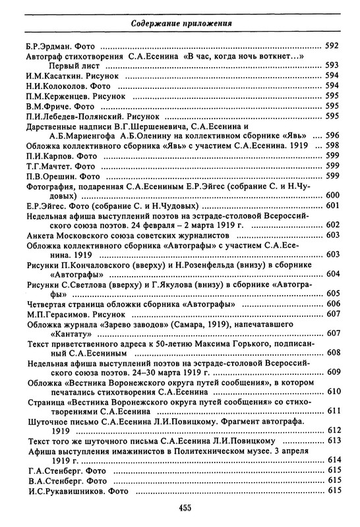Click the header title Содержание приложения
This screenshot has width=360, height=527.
[179, 24]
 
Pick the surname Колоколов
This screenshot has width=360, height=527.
[64, 86]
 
